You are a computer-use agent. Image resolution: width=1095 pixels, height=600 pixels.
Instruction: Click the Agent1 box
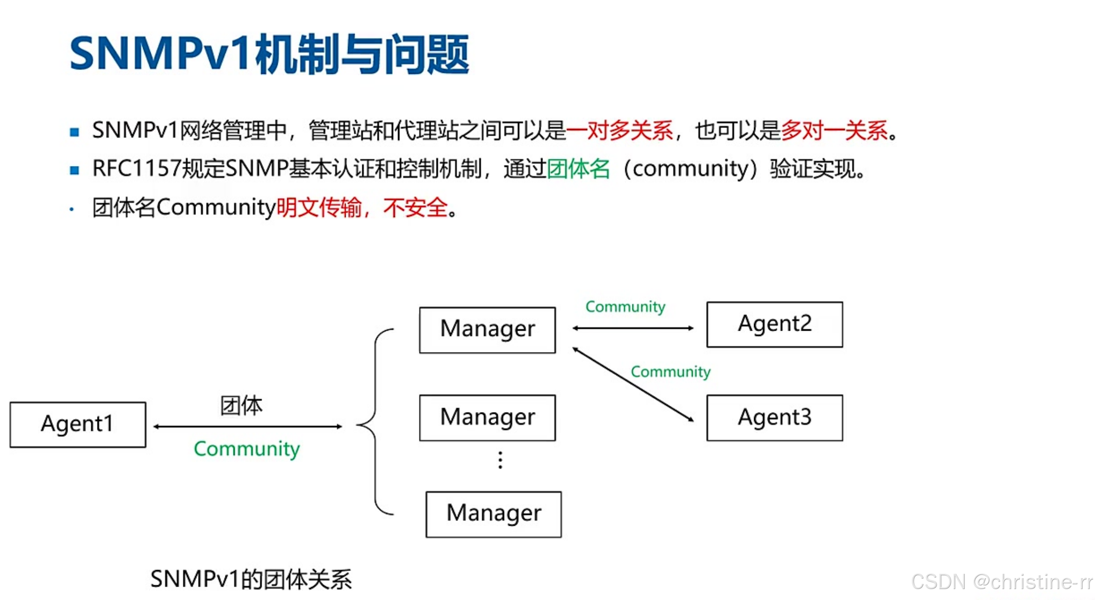coord(78,424)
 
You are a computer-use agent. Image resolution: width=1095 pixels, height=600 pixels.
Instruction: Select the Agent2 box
coord(774,325)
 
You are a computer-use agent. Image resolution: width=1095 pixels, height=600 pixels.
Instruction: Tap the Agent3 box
coord(774,418)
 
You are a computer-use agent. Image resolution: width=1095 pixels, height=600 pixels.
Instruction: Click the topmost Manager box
coord(487,330)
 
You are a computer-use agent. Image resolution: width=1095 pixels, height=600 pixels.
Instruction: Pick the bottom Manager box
coord(494,514)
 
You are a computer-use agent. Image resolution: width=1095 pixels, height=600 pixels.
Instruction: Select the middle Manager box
coord(487,417)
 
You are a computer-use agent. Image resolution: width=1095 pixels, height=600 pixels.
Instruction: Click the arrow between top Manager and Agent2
coord(632,328)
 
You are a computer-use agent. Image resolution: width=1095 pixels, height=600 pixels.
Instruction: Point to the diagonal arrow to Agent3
coord(632,385)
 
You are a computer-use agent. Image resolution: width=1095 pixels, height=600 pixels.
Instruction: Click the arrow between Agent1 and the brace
coord(248,426)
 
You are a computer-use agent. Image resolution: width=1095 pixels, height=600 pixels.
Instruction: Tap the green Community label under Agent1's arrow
coord(247,449)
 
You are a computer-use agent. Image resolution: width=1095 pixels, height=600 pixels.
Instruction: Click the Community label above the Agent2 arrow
coord(625,307)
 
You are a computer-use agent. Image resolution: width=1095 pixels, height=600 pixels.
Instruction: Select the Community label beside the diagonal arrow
coord(670,372)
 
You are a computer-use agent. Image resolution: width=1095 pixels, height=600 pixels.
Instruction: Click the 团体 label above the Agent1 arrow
coord(241,406)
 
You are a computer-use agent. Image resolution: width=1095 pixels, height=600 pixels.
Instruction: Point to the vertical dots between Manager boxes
coord(500,460)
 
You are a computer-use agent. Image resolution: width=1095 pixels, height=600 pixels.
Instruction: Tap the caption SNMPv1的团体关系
coord(251,579)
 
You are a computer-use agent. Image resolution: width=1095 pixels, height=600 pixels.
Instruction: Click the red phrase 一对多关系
coord(620,130)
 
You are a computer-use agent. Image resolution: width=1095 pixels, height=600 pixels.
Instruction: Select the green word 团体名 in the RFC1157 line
coord(578,169)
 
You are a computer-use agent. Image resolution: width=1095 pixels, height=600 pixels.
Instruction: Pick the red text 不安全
coord(416,208)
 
